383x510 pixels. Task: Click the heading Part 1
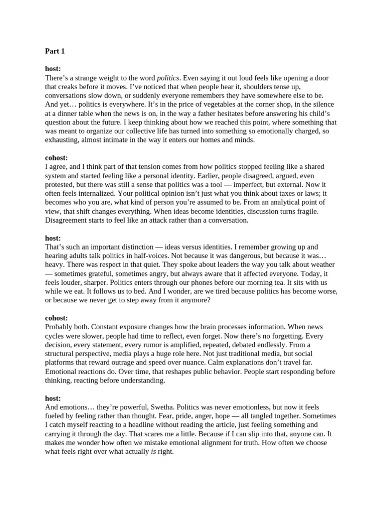pyautogui.click(x=55, y=51)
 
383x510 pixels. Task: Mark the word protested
pyautogui.click(x=60, y=184)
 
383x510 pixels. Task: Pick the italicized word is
pyautogui.click(x=153, y=452)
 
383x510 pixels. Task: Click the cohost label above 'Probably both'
pyautogui.click(x=56, y=318)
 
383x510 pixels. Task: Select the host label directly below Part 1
pyautogui.click(x=53, y=69)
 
